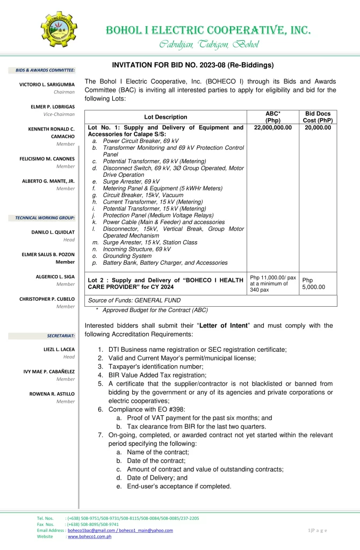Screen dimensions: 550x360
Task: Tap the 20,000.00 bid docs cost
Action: coord(318,127)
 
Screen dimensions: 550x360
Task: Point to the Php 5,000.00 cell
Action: coord(313,284)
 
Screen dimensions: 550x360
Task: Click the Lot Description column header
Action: coord(165,117)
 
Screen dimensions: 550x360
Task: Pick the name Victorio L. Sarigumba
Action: coord(47,85)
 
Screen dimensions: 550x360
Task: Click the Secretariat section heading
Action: coord(61,336)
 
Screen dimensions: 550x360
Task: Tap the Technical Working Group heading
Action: coord(45,218)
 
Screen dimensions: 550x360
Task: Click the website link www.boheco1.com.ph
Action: coord(89,537)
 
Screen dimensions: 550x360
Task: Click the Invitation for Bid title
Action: coord(193,65)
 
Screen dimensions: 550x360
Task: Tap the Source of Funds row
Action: coord(134,300)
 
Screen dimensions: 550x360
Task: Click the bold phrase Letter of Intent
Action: coord(224,325)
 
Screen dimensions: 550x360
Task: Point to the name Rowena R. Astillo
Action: coord(52,394)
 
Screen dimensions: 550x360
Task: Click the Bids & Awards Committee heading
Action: coord(45,70)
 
